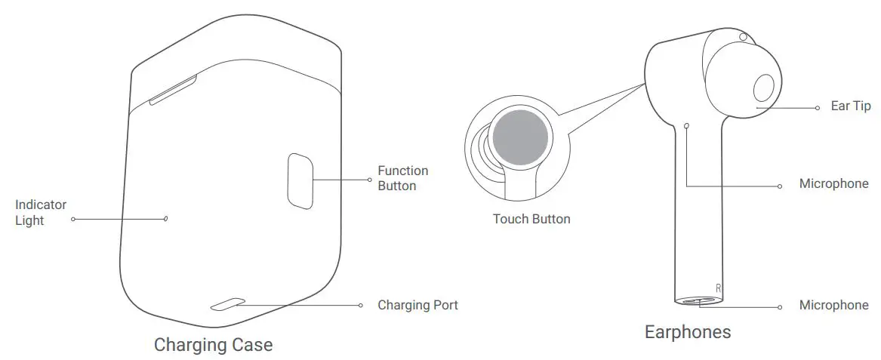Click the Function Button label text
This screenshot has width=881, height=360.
(x=403, y=178)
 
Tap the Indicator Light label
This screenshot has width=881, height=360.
(x=41, y=212)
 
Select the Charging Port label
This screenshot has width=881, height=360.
(x=417, y=305)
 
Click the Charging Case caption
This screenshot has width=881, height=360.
(x=214, y=344)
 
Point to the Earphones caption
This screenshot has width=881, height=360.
(x=688, y=331)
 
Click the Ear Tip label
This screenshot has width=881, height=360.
(x=851, y=106)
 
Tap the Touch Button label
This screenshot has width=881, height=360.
(x=531, y=219)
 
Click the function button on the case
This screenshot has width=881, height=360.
(x=300, y=181)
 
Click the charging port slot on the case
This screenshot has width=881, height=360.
(x=228, y=304)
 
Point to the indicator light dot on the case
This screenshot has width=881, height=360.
(x=165, y=218)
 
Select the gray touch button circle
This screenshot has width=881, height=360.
(x=521, y=137)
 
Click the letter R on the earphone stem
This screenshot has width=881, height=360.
(x=718, y=288)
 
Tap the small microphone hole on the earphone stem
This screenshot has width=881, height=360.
(x=686, y=126)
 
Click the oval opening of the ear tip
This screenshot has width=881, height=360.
(x=763, y=89)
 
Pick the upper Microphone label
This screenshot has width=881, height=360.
(x=833, y=183)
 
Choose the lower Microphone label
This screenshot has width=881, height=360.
(x=833, y=305)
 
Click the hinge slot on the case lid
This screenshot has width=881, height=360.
(x=173, y=89)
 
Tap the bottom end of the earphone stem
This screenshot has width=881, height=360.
(x=699, y=301)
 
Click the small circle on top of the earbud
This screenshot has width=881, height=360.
(x=744, y=37)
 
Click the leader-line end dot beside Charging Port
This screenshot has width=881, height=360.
(x=361, y=306)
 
